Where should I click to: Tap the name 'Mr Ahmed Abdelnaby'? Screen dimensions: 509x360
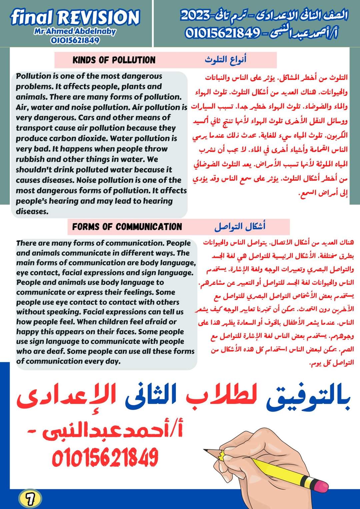pyautogui.click(x=75, y=32)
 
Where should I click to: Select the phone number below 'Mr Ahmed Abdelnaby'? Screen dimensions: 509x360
pyautogui.click(x=75, y=41)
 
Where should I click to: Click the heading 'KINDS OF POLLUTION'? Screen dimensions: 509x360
pyautogui.click(x=114, y=60)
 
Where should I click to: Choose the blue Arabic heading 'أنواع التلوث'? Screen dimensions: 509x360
pyautogui.click(x=225, y=60)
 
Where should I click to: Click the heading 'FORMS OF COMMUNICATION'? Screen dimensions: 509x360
pyautogui.click(x=127, y=227)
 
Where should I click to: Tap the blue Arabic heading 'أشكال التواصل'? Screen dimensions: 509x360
pyautogui.click(x=240, y=227)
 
